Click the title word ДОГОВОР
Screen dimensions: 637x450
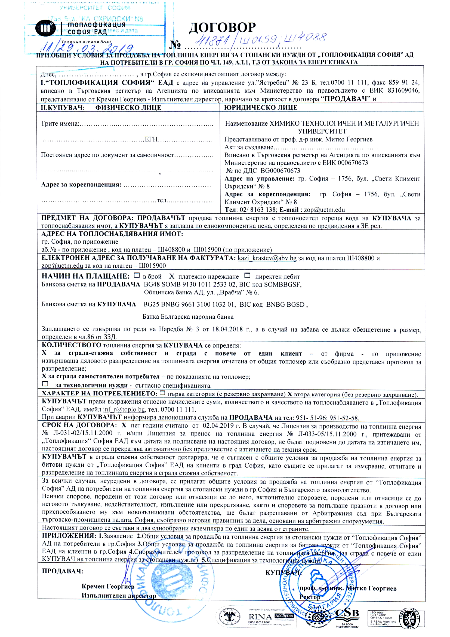tap(222, 28)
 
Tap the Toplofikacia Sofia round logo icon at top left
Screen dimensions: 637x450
tap(45, 28)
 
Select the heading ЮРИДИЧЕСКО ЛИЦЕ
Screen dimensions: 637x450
tap(261, 108)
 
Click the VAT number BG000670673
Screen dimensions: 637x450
tap(280, 170)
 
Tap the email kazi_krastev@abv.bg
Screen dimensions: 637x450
tap(267, 258)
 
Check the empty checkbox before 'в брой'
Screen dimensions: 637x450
tap(137, 276)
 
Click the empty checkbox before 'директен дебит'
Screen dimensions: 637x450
tap(247, 276)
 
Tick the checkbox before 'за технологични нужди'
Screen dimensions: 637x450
tap(45, 384)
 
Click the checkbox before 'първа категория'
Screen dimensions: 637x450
tap(162, 393)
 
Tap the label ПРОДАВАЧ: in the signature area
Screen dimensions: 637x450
tap(62, 571)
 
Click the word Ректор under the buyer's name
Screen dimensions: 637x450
tap(310, 597)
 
